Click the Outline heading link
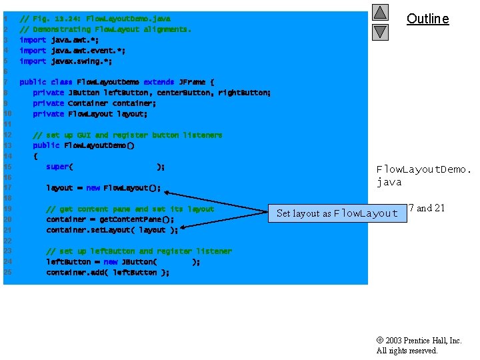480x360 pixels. point(427,19)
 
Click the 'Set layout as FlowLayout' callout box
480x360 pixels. point(337,213)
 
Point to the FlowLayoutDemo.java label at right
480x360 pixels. point(423,176)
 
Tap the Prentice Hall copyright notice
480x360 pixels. point(419,345)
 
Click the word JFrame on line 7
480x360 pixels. point(192,82)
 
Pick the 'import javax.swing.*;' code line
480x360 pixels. point(66,61)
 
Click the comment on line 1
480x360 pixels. point(95,19)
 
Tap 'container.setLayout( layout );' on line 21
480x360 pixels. point(112,230)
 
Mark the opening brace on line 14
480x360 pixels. point(35,156)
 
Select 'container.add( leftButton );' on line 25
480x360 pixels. point(107,272)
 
